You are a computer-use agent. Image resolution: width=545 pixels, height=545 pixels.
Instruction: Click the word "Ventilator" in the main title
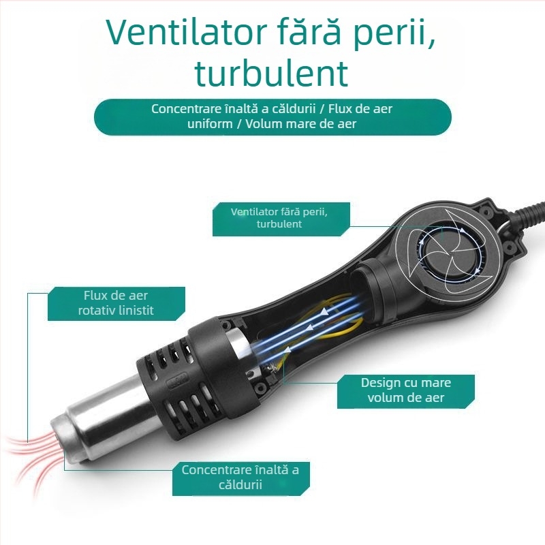point(186,33)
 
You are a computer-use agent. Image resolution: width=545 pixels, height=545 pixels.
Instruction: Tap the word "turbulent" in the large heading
point(271,73)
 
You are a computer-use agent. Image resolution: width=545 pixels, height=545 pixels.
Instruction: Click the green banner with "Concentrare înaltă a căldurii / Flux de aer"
point(272,116)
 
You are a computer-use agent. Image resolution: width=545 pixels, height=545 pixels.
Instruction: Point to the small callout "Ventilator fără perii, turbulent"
point(281,219)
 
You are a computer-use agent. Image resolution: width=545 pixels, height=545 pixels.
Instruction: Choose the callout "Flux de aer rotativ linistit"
point(116,303)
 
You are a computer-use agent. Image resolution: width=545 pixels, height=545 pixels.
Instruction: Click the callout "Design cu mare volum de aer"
point(405,391)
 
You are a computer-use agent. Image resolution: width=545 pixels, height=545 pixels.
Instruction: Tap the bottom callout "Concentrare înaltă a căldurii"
point(240,478)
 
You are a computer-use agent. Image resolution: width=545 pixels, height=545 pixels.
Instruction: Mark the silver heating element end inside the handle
point(239,344)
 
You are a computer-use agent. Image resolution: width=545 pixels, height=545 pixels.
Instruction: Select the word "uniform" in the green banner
point(210,124)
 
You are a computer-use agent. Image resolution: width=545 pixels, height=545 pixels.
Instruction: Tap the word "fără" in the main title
point(311,33)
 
